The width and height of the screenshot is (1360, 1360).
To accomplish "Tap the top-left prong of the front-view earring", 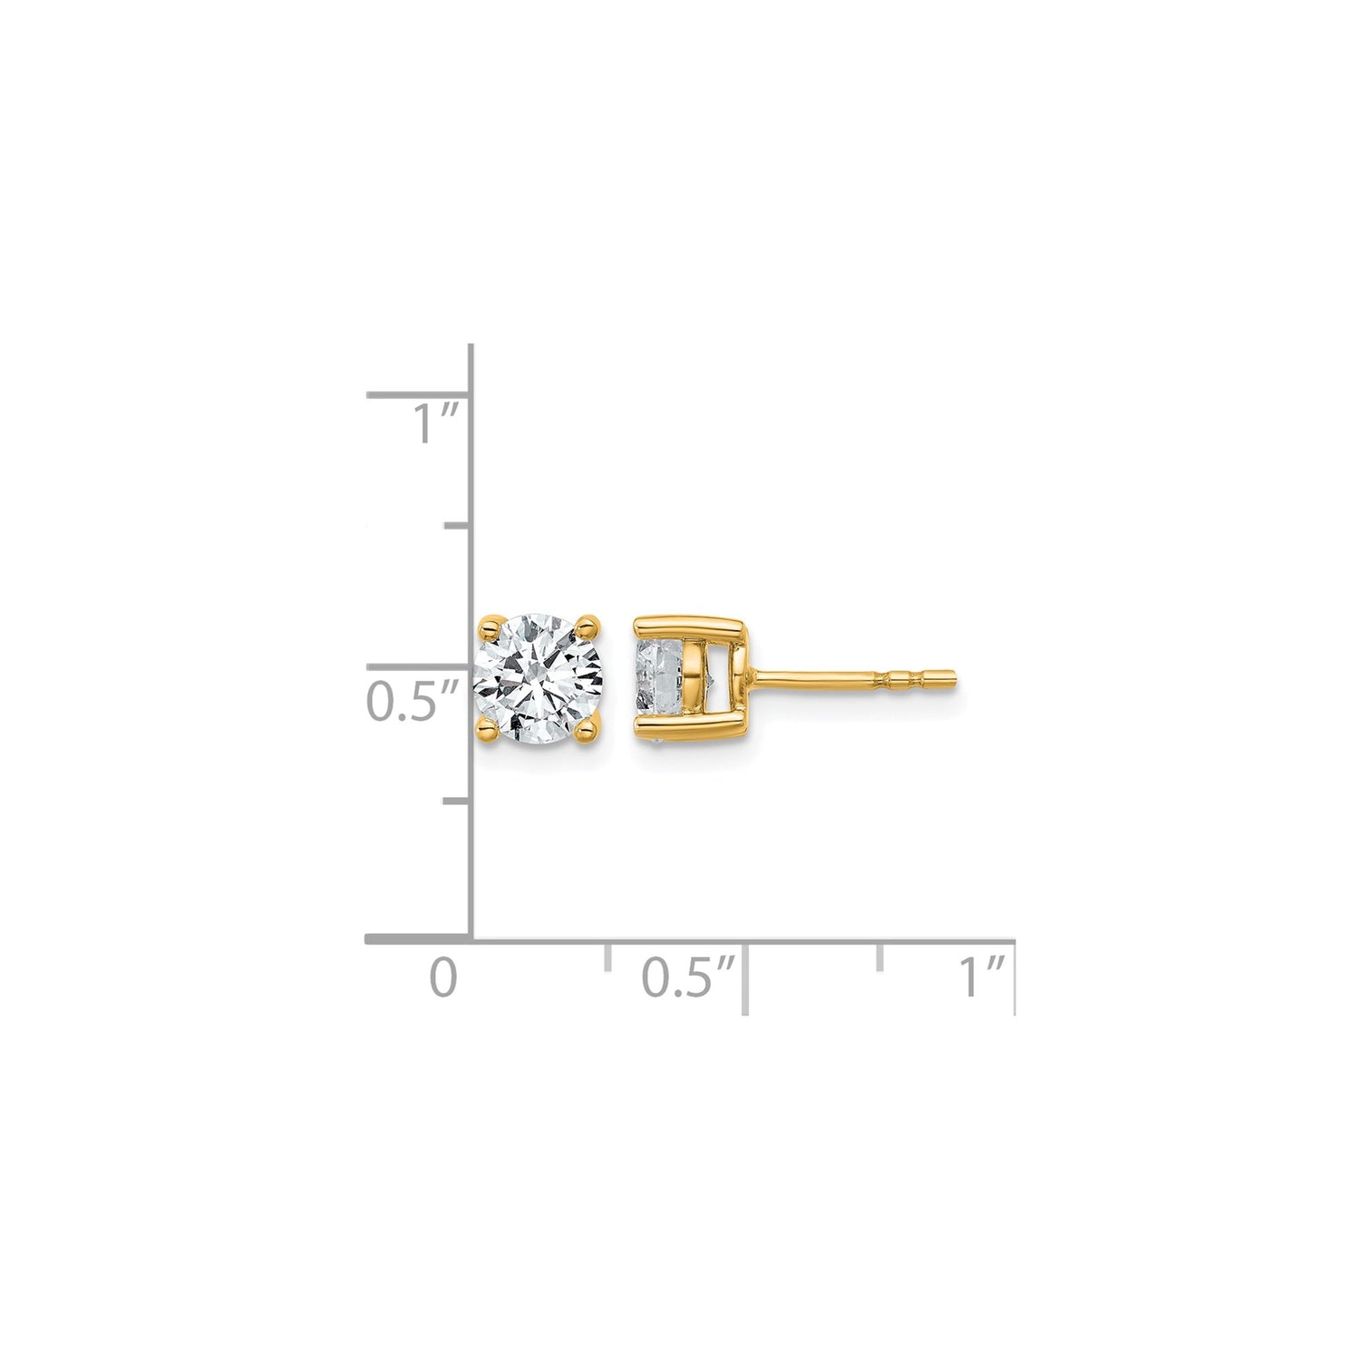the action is coord(490,623).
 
